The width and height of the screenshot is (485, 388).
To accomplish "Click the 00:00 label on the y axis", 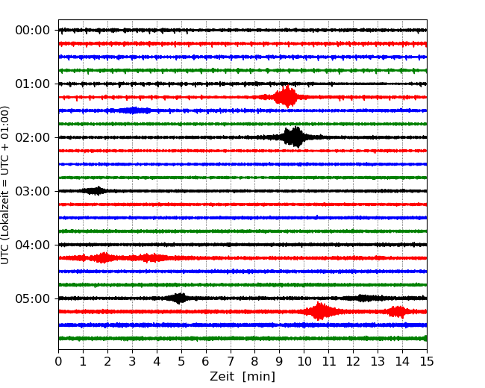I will click(x=32, y=30).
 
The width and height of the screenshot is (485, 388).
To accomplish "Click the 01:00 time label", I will click(x=32, y=84).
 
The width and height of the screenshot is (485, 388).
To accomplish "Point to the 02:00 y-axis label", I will click(x=32, y=137).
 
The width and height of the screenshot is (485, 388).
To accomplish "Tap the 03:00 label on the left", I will click(x=32, y=191).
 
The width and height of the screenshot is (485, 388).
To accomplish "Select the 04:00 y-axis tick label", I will click(x=32, y=245).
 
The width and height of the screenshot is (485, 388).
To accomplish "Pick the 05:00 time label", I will click(x=32, y=298).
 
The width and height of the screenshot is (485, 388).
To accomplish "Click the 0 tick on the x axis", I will click(x=58, y=362).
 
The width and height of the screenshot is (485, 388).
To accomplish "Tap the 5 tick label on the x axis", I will click(x=181, y=362).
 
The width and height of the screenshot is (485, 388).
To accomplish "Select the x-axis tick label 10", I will click(x=304, y=362).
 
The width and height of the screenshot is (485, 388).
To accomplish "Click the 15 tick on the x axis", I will click(x=427, y=362).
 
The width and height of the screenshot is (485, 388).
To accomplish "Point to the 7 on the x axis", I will click(x=231, y=362).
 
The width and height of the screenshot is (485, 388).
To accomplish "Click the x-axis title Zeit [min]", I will click(x=242, y=377).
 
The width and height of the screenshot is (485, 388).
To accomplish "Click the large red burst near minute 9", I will click(x=286, y=97).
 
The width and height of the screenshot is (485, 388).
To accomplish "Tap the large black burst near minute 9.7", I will click(x=295, y=137).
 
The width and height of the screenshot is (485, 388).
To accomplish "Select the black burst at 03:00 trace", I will click(x=96, y=191).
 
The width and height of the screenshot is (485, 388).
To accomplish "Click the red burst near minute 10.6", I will click(x=319, y=311).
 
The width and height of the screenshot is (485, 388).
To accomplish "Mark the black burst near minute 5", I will click(x=179, y=298).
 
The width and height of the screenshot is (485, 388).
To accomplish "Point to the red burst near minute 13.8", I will click(x=398, y=311).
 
